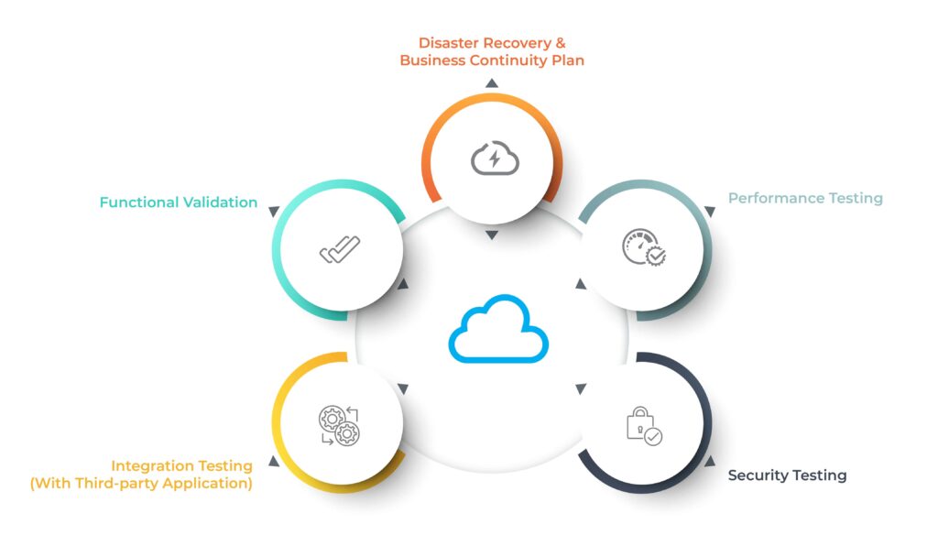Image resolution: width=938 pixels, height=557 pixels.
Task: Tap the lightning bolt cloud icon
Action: tap(495, 158)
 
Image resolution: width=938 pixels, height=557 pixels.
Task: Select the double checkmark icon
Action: tap(340, 249)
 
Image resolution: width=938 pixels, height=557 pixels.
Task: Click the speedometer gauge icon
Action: tap(644, 246)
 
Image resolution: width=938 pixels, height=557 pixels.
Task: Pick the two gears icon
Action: tap(339, 425)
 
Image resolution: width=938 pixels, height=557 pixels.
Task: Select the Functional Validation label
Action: tap(179, 202)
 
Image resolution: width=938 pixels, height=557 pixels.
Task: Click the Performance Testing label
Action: tap(805, 198)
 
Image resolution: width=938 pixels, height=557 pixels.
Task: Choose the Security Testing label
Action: tap(787, 475)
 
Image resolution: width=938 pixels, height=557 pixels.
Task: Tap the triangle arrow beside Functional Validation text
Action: tap(274, 212)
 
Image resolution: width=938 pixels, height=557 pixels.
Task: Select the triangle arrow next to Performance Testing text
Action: tap(710, 212)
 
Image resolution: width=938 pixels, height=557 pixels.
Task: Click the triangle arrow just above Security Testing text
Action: tap(710, 461)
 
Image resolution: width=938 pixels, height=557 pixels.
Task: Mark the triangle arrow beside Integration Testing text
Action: tap(274, 461)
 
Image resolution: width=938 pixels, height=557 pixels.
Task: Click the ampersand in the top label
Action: tap(560, 43)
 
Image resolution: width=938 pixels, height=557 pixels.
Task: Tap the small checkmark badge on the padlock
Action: tap(653, 437)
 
